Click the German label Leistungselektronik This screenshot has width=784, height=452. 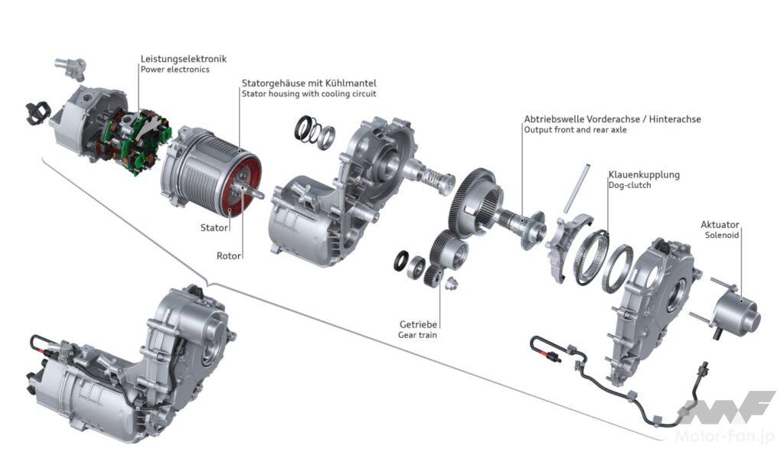point(184,59)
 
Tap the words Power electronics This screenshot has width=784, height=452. point(175,70)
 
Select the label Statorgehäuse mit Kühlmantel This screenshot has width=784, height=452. point(309,83)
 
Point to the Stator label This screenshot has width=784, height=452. point(214,228)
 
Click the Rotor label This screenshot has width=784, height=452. point(228,255)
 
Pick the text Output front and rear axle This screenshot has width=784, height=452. point(575,130)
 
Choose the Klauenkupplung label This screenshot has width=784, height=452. point(644,175)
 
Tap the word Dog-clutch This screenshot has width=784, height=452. point(629,185)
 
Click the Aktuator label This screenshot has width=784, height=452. point(720,225)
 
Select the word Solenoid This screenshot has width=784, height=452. point(721,236)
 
